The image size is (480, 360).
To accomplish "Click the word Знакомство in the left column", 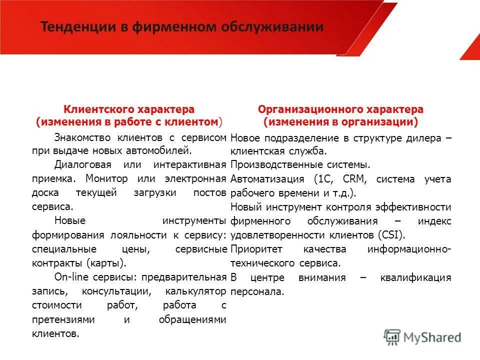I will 82,136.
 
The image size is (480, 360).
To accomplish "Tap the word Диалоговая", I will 80,164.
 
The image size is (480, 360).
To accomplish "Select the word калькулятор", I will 196,290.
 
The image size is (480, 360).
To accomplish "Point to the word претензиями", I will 61,319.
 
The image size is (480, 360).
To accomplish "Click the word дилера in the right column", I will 426,138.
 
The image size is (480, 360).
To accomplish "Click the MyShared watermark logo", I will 422,336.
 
